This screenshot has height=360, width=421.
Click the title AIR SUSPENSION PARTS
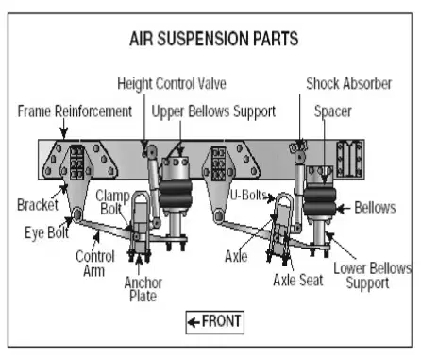point(214,39)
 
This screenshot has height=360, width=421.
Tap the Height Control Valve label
point(172,84)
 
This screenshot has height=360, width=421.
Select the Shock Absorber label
point(349,84)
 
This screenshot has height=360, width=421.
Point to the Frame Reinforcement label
point(75,111)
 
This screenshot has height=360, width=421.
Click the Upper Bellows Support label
point(213,111)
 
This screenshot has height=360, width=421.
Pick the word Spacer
point(333,111)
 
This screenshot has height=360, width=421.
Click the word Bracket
point(38,205)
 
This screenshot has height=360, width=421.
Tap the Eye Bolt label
point(46,232)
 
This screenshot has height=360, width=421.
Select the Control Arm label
point(94,264)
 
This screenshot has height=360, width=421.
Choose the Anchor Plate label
point(143,289)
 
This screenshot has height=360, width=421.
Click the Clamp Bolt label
point(112,202)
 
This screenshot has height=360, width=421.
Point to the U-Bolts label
point(248,196)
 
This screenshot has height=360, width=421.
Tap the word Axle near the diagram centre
point(236,256)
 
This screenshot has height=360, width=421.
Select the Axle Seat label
point(298,280)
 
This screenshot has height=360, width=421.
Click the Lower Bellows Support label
point(372,276)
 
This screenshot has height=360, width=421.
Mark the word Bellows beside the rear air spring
point(375,208)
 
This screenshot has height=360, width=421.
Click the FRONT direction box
point(215,322)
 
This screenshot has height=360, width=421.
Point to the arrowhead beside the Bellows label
point(340,209)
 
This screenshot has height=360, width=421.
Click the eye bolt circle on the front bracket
point(76,214)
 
